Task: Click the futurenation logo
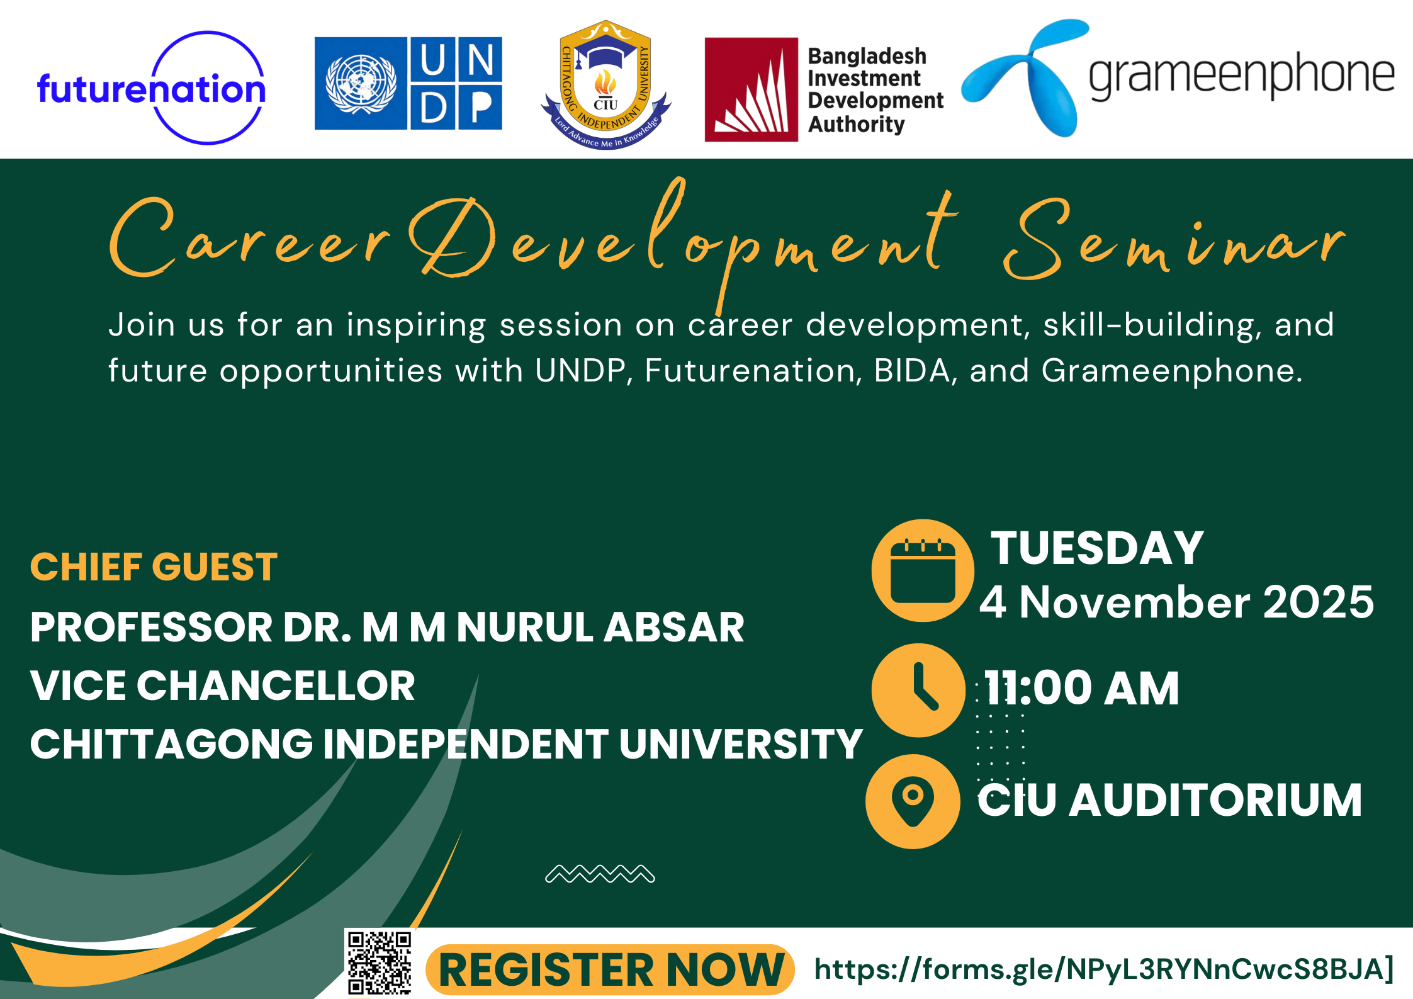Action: (151, 88)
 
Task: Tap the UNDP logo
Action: (408, 83)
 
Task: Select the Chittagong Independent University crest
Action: (605, 84)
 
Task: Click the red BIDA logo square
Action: (751, 89)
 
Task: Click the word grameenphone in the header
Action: (1242, 76)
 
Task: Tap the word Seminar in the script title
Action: (1174, 239)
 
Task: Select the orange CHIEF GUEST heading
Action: (154, 567)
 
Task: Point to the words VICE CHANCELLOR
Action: (223, 685)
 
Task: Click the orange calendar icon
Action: (923, 570)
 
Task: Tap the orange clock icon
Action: (919, 690)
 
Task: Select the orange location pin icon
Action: (913, 801)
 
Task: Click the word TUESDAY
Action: (1097, 548)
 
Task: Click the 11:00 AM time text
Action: (1082, 688)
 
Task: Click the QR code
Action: (379, 963)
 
